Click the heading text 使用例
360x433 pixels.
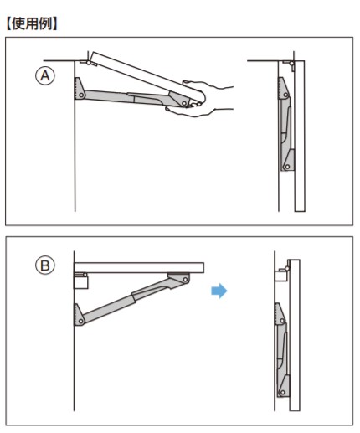pyautogui.click(x=32, y=23)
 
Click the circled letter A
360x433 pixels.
pyautogui.click(x=45, y=75)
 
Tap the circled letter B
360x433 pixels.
pyautogui.click(x=45, y=265)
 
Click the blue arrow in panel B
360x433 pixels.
pyautogui.click(x=219, y=291)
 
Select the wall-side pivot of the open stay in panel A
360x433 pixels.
pyautogui.click(x=81, y=95)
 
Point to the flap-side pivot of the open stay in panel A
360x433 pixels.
pyautogui.click(x=184, y=104)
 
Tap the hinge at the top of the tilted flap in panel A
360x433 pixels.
pyautogui.click(x=89, y=63)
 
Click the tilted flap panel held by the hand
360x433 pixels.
pyautogui.click(x=147, y=77)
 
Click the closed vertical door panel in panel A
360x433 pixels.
pyautogui.click(x=300, y=136)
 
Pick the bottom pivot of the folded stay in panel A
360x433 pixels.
pyautogui.click(x=287, y=167)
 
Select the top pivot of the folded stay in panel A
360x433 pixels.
pyautogui.click(x=285, y=95)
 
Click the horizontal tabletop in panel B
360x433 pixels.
pyautogui.click(x=139, y=267)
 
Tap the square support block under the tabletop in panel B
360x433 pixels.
pyautogui.click(x=81, y=281)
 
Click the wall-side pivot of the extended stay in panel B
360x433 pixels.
pyautogui.click(x=81, y=322)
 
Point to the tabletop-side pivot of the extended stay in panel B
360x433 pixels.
pyautogui.click(x=185, y=279)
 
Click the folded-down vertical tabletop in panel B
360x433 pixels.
pyautogui.click(x=295, y=335)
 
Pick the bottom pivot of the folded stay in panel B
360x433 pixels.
pyautogui.click(x=283, y=392)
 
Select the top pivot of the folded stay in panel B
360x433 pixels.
pyautogui.click(x=282, y=321)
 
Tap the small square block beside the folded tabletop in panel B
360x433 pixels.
pyautogui.click(x=280, y=276)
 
